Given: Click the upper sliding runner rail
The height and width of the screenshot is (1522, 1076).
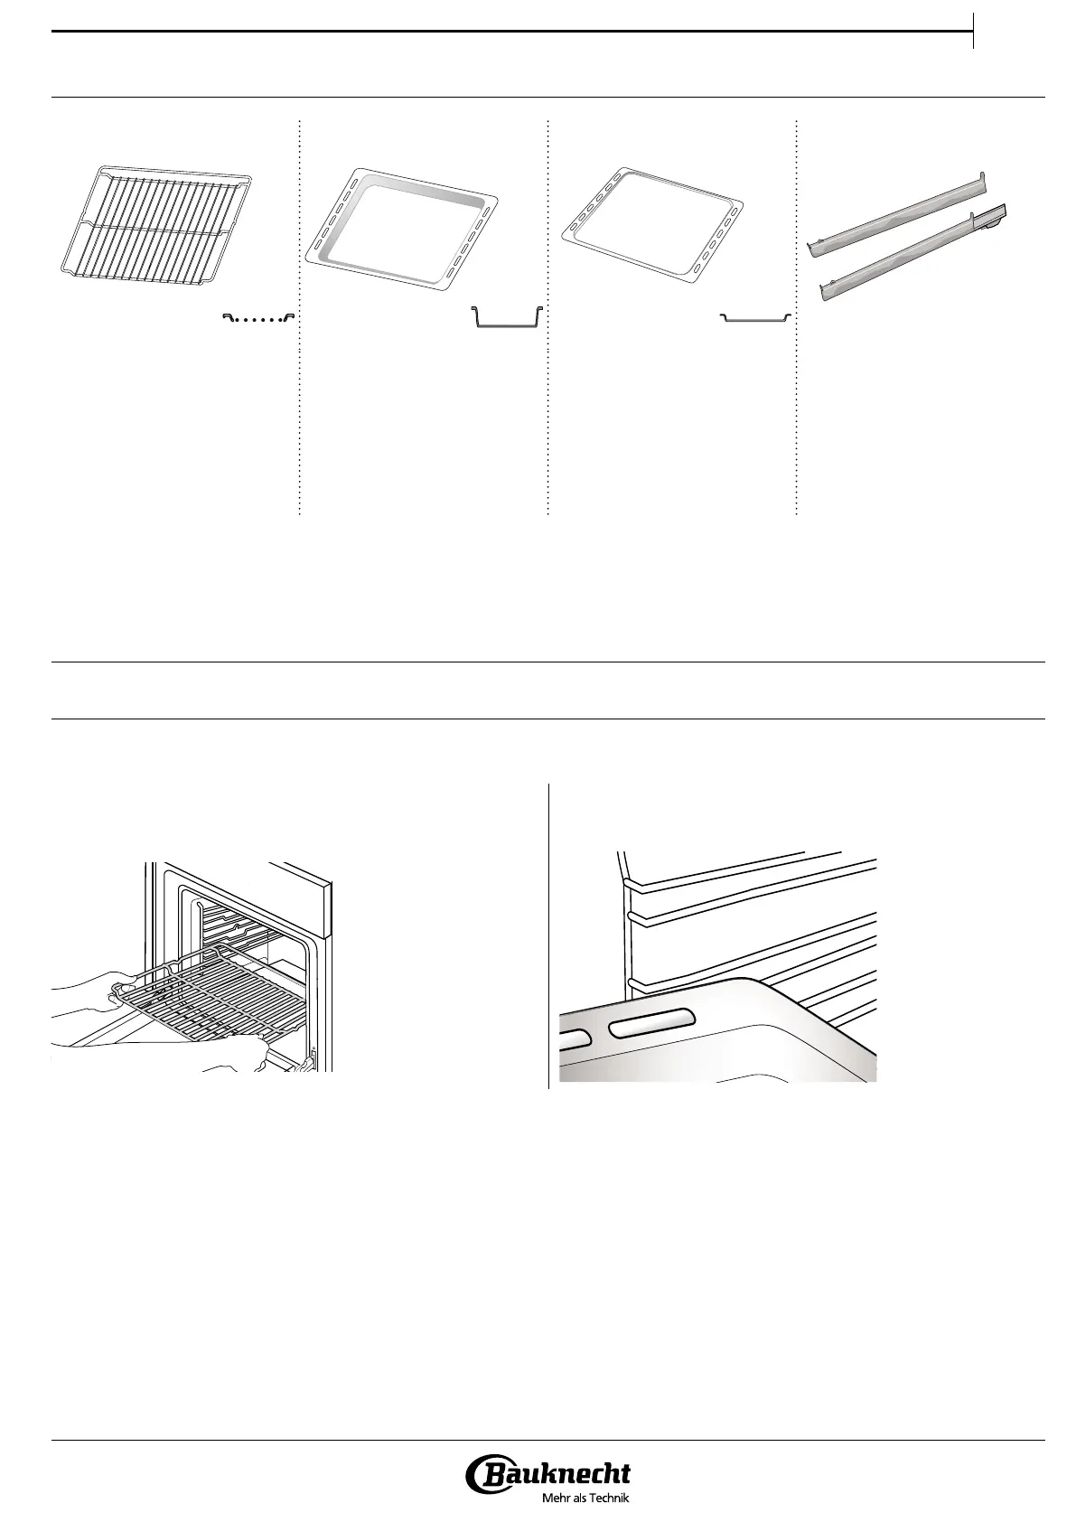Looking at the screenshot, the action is point(894,209).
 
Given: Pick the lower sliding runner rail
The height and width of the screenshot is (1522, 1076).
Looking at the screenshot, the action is point(912,255).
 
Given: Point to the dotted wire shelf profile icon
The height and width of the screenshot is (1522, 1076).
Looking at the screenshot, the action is point(259,317).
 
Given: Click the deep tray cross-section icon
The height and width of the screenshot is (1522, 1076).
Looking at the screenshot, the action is point(507,318).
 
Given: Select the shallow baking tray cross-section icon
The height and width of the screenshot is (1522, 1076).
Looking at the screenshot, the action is point(755,317).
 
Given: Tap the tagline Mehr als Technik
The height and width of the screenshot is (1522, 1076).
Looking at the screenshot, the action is point(584,1498).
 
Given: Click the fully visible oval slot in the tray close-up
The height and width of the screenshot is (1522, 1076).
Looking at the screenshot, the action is point(650,1025).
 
